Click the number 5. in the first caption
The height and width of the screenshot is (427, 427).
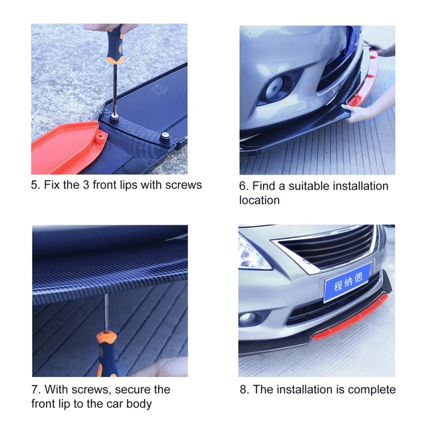[x=35, y=185]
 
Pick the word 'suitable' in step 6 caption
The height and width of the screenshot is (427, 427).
[x=288, y=185]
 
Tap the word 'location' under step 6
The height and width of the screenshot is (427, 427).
[x=260, y=200]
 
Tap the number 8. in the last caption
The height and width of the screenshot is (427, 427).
[x=244, y=390]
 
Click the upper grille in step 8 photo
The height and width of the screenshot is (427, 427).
[x=327, y=247]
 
